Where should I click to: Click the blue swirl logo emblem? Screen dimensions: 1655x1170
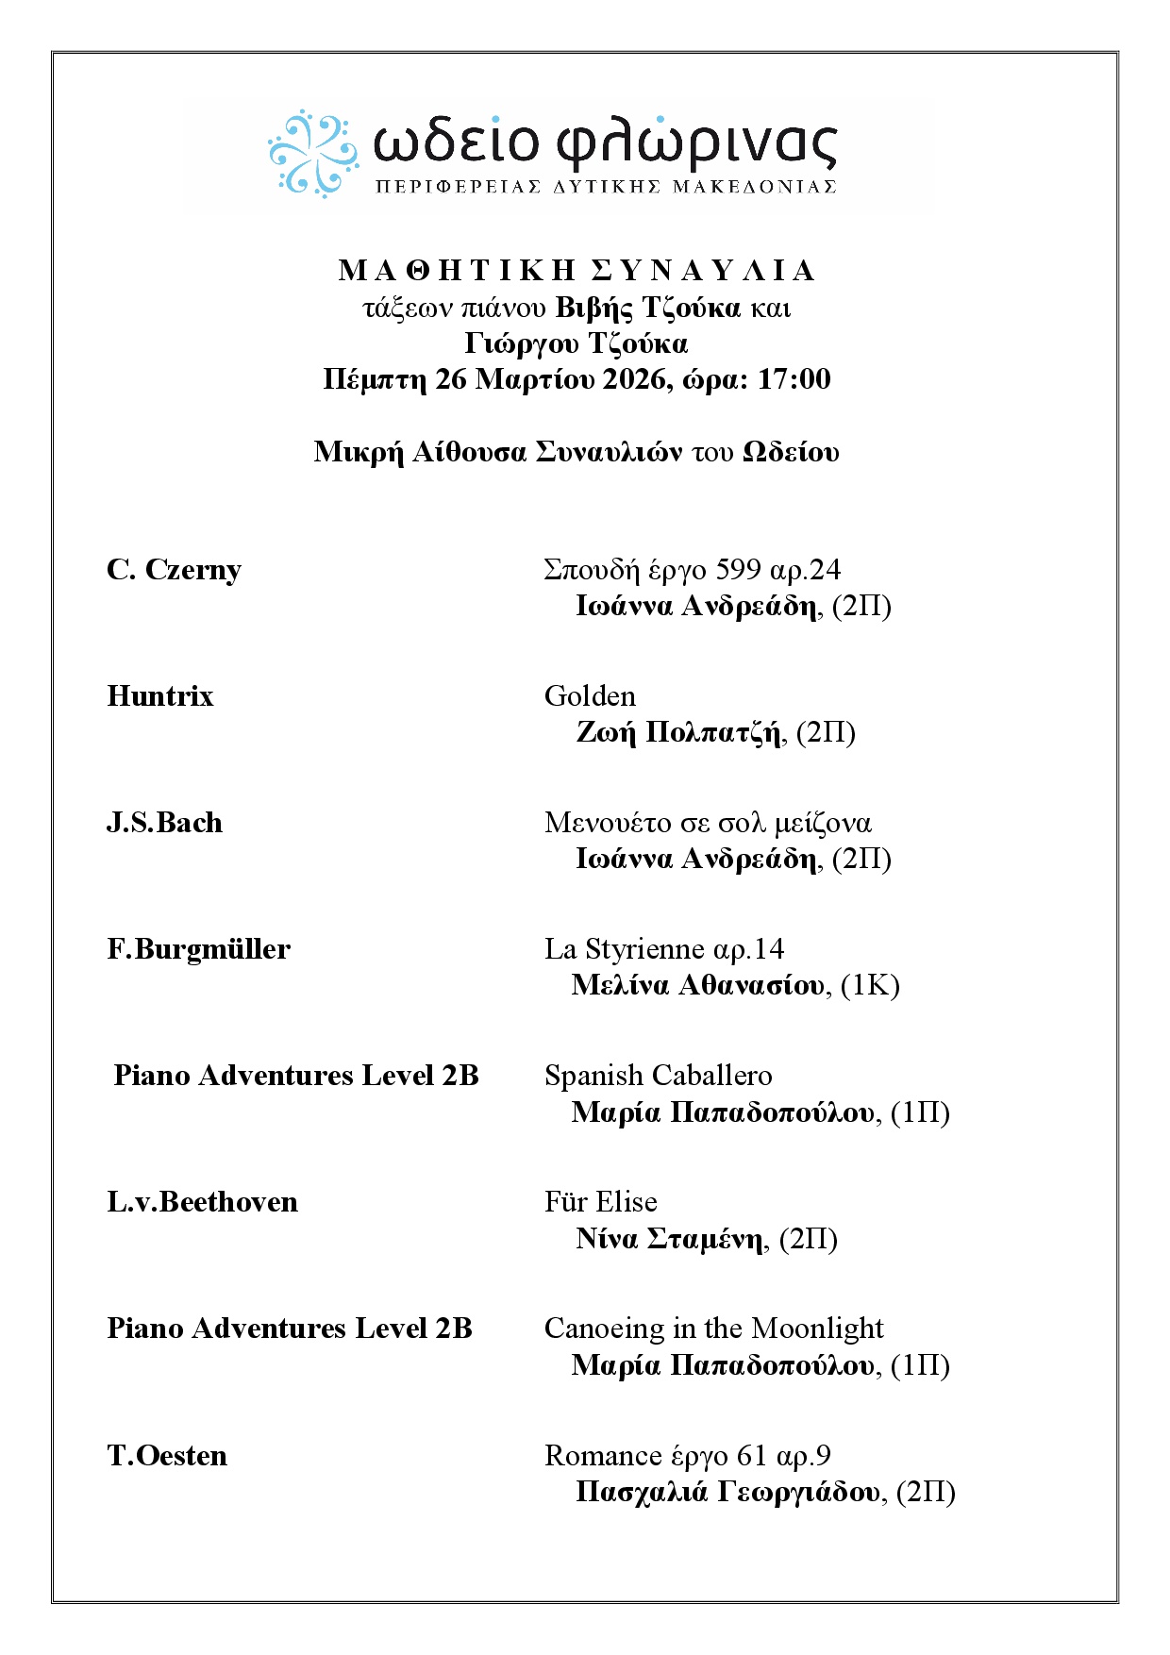click(312, 153)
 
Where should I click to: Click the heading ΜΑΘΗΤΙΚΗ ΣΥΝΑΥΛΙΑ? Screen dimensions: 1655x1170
click(576, 271)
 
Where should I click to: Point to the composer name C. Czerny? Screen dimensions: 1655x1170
click(174, 570)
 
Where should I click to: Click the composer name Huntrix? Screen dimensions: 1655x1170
click(160, 696)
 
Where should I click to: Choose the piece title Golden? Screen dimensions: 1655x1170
click(590, 696)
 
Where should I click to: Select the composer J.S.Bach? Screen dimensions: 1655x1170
click(164, 823)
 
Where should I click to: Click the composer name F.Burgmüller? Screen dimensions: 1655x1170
click(198, 949)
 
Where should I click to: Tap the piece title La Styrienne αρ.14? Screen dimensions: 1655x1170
click(664, 949)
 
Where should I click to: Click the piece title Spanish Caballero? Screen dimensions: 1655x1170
click(658, 1076)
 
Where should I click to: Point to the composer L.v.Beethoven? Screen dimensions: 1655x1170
click(202, 1202)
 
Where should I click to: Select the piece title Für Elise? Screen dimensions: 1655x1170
click(600, 1202)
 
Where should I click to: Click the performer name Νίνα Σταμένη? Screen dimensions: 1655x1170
click(669, 1239)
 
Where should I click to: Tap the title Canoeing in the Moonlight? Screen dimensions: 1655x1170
click(713, 1329)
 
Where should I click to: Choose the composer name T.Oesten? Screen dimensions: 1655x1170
click(167, 1456)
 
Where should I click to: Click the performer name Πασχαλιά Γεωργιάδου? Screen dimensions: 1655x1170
click(727, 1493)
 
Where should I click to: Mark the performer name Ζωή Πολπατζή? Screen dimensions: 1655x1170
click(678, 733)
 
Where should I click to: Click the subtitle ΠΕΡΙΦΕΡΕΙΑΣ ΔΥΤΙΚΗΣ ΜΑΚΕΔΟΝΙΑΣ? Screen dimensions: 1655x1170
click(606, 187)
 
